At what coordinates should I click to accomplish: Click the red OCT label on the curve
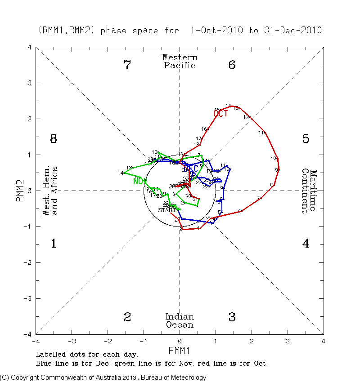pos(221,114)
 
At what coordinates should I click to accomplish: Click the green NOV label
pos(140,182)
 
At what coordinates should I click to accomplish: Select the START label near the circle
pos(167,210)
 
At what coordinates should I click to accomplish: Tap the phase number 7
pos(127,65)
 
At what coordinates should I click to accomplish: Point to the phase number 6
pos(232,65)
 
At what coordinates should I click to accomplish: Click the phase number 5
pos(306,139)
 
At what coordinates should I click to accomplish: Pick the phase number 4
pos(306,244)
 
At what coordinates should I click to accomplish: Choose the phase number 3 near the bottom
pos(232,317)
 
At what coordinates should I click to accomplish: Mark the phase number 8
pos(53,139)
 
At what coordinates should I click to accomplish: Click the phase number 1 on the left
pos(53,244)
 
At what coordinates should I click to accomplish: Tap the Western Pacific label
pos(180,61)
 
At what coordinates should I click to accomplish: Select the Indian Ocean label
pos(180,321)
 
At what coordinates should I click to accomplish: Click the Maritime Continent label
pos(309,191)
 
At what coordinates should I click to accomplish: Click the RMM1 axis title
pos(180,350)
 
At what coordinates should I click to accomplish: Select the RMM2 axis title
pos(20,191)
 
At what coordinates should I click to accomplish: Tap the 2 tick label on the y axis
pos(29,119)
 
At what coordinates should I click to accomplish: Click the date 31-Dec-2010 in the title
pos(292,31)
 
